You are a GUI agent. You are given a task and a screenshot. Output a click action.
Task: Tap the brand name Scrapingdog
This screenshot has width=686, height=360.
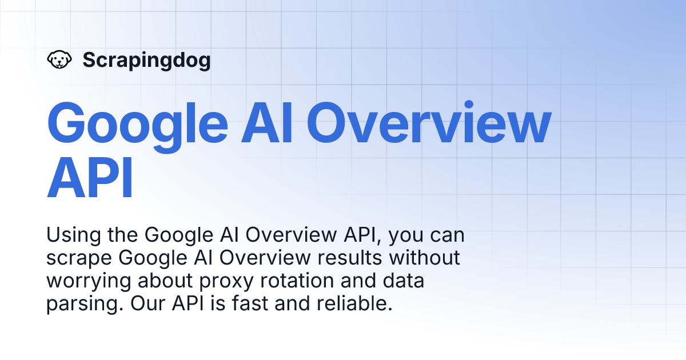[x=146, y=60]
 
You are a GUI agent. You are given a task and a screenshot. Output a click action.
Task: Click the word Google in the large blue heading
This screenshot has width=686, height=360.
[x=137, y=125]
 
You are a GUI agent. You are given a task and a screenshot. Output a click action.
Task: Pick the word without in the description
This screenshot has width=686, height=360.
[x=425, y=258]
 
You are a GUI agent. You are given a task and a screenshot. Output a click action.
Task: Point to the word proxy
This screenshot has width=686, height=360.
[x=220, y=281]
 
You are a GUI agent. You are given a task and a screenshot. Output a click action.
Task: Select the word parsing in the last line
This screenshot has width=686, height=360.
[x=79, y=304]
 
